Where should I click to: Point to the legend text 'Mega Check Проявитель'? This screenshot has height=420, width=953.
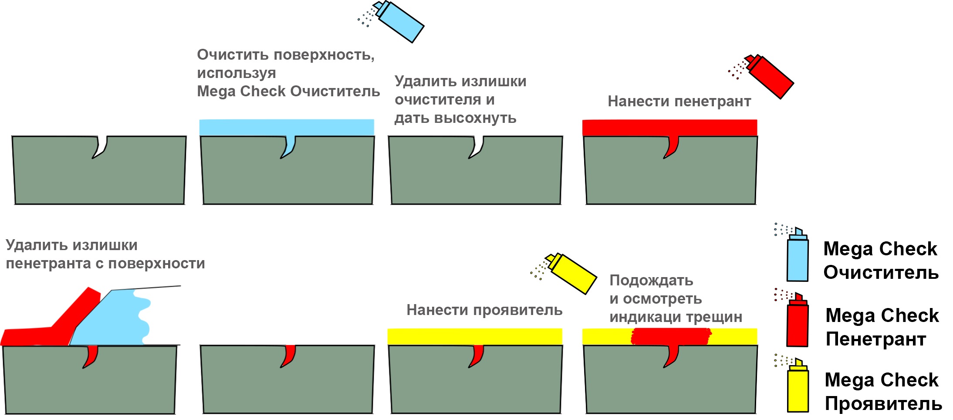point(882,392)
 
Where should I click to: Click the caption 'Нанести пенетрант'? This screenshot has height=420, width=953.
point(679,102)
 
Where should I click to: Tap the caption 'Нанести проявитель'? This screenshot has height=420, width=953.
point(484,310)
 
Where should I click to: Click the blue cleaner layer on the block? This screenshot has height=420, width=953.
point(286,127)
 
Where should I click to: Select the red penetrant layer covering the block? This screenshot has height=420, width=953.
point(669,127)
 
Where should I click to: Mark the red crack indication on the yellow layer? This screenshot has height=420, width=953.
point(671,336)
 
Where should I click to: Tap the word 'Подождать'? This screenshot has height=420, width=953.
point(651,281)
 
